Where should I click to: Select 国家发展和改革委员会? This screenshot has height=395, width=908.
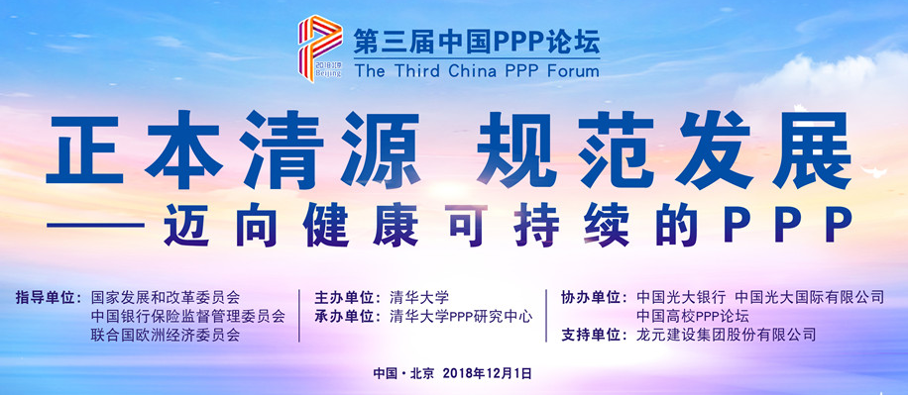[166, 296]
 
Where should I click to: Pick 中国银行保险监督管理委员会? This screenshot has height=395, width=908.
[188, 316]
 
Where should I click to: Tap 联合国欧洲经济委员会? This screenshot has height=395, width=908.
[166, 336]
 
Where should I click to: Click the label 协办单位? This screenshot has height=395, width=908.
[594, 296]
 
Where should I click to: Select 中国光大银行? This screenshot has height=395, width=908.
[681, 296]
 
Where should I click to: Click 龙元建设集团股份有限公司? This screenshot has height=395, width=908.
[727, 336]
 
